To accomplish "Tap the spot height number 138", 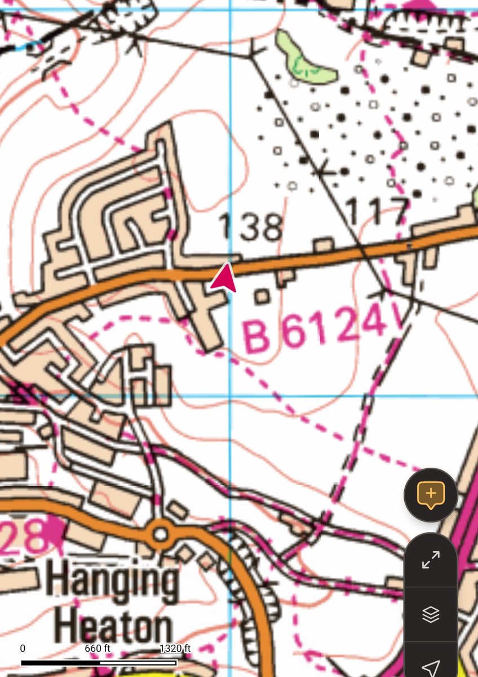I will [x=250, y=226].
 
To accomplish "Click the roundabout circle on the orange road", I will [x=161, y=533].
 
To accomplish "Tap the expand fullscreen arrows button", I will [x=431, y=560].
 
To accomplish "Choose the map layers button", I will [x=431, y=614].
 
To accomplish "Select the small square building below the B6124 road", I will [x=262, y=296].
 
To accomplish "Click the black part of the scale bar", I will [x=56, y=663].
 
